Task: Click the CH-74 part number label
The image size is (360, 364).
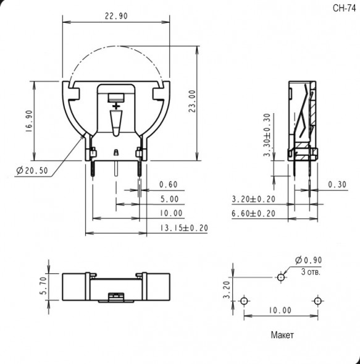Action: [x=344, y=9]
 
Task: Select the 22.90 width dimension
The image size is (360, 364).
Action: [x=116, y=16]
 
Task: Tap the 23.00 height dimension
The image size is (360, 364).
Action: [x=192, y=101]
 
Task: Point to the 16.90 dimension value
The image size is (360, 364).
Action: [x=29, y=121]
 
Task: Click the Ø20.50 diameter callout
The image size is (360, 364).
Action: [x=32, y=171]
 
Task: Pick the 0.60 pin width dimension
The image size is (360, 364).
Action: [x=169, y=185]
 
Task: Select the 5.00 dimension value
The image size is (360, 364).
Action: [x=170, y=199]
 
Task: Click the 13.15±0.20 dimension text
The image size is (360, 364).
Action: [x=184, y=228]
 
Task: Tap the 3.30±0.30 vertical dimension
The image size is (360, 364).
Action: [x=267, y=135]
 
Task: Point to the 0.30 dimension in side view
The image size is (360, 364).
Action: [x=337, y=185]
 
